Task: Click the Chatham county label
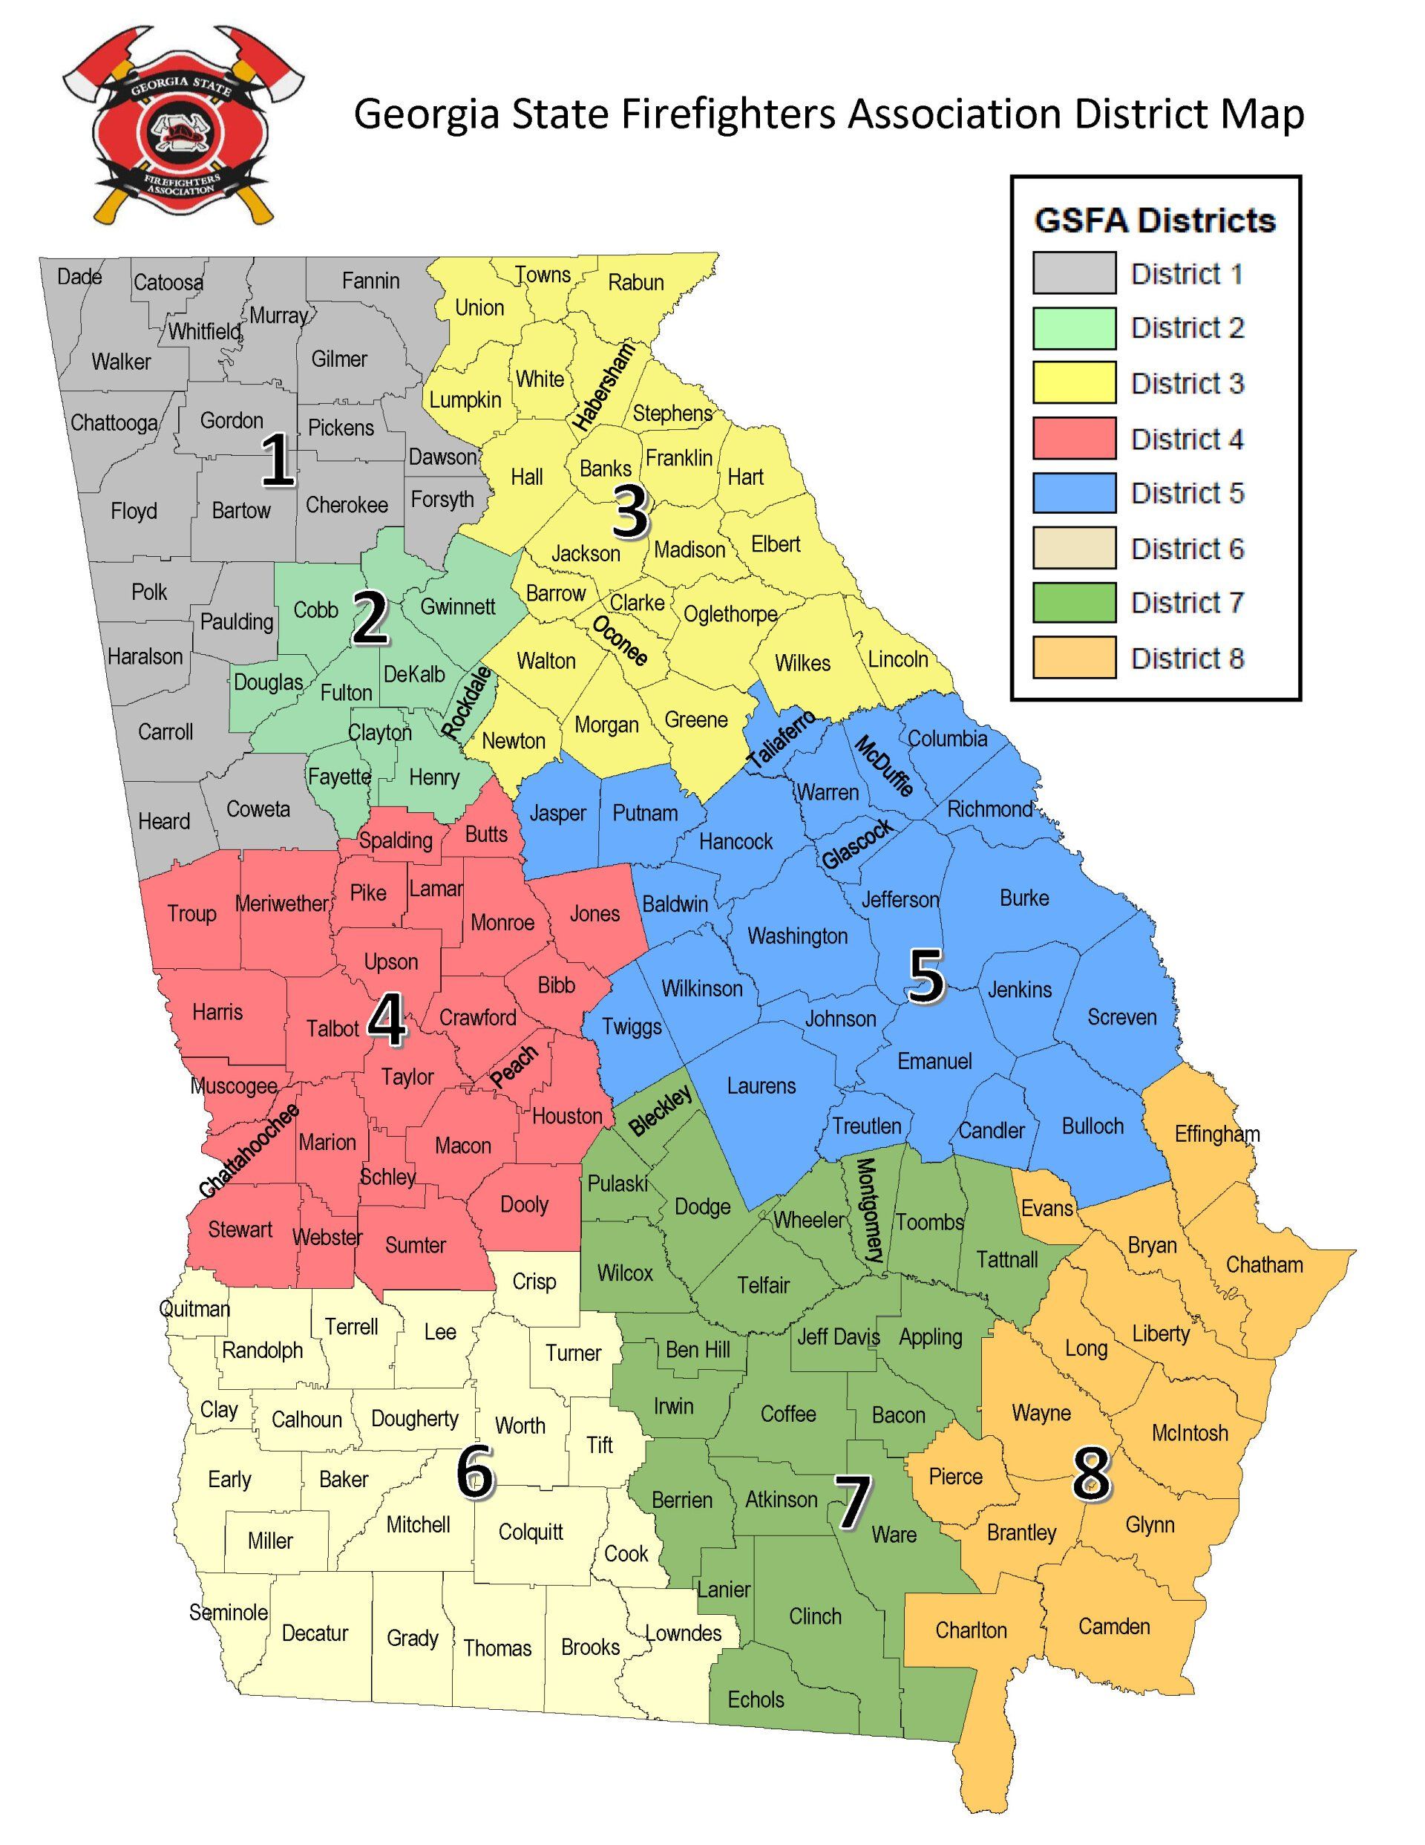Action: point(1264,1264)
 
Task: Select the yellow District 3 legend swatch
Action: point(1074,382)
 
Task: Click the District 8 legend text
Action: point(1187,658)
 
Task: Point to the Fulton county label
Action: point(345,693)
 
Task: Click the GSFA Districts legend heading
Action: point(1155,221)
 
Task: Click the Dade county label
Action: point(79,276)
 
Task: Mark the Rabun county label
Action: point(635,282)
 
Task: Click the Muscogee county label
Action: point(233,1086)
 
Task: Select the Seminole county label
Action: point(228,1613)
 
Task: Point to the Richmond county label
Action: point(989,809)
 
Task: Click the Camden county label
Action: point(1113,1626)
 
